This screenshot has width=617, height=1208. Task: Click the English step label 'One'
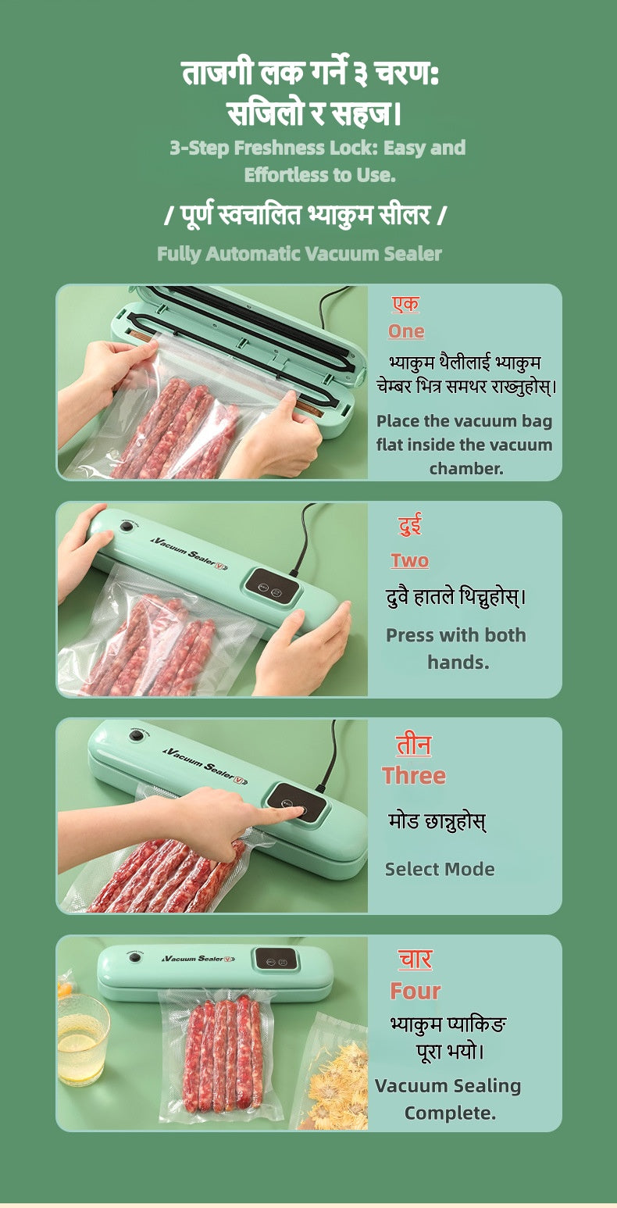[x=406, y=331]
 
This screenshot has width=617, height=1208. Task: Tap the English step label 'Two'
[x=409, y=560]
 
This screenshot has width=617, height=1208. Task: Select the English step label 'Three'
[x=414, y=776]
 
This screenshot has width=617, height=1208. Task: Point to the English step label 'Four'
[x=415, y=991]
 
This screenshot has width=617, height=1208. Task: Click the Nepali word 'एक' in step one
[x=405, y=305]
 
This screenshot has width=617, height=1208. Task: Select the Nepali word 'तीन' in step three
[x=413, y=745]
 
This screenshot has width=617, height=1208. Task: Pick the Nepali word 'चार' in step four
[x=415, y=960]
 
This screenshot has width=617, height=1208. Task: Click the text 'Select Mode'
[x=440, y=869]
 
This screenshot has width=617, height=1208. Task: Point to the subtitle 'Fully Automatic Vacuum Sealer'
[x=299, y=254]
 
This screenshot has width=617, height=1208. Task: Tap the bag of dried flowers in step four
[x=332, y=1074]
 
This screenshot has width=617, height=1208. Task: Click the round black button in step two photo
[x=125, y=526]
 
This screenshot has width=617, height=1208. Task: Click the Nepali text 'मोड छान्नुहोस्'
[x=437, y=822]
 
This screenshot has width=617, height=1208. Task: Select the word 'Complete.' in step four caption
[x=450, y=1113]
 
